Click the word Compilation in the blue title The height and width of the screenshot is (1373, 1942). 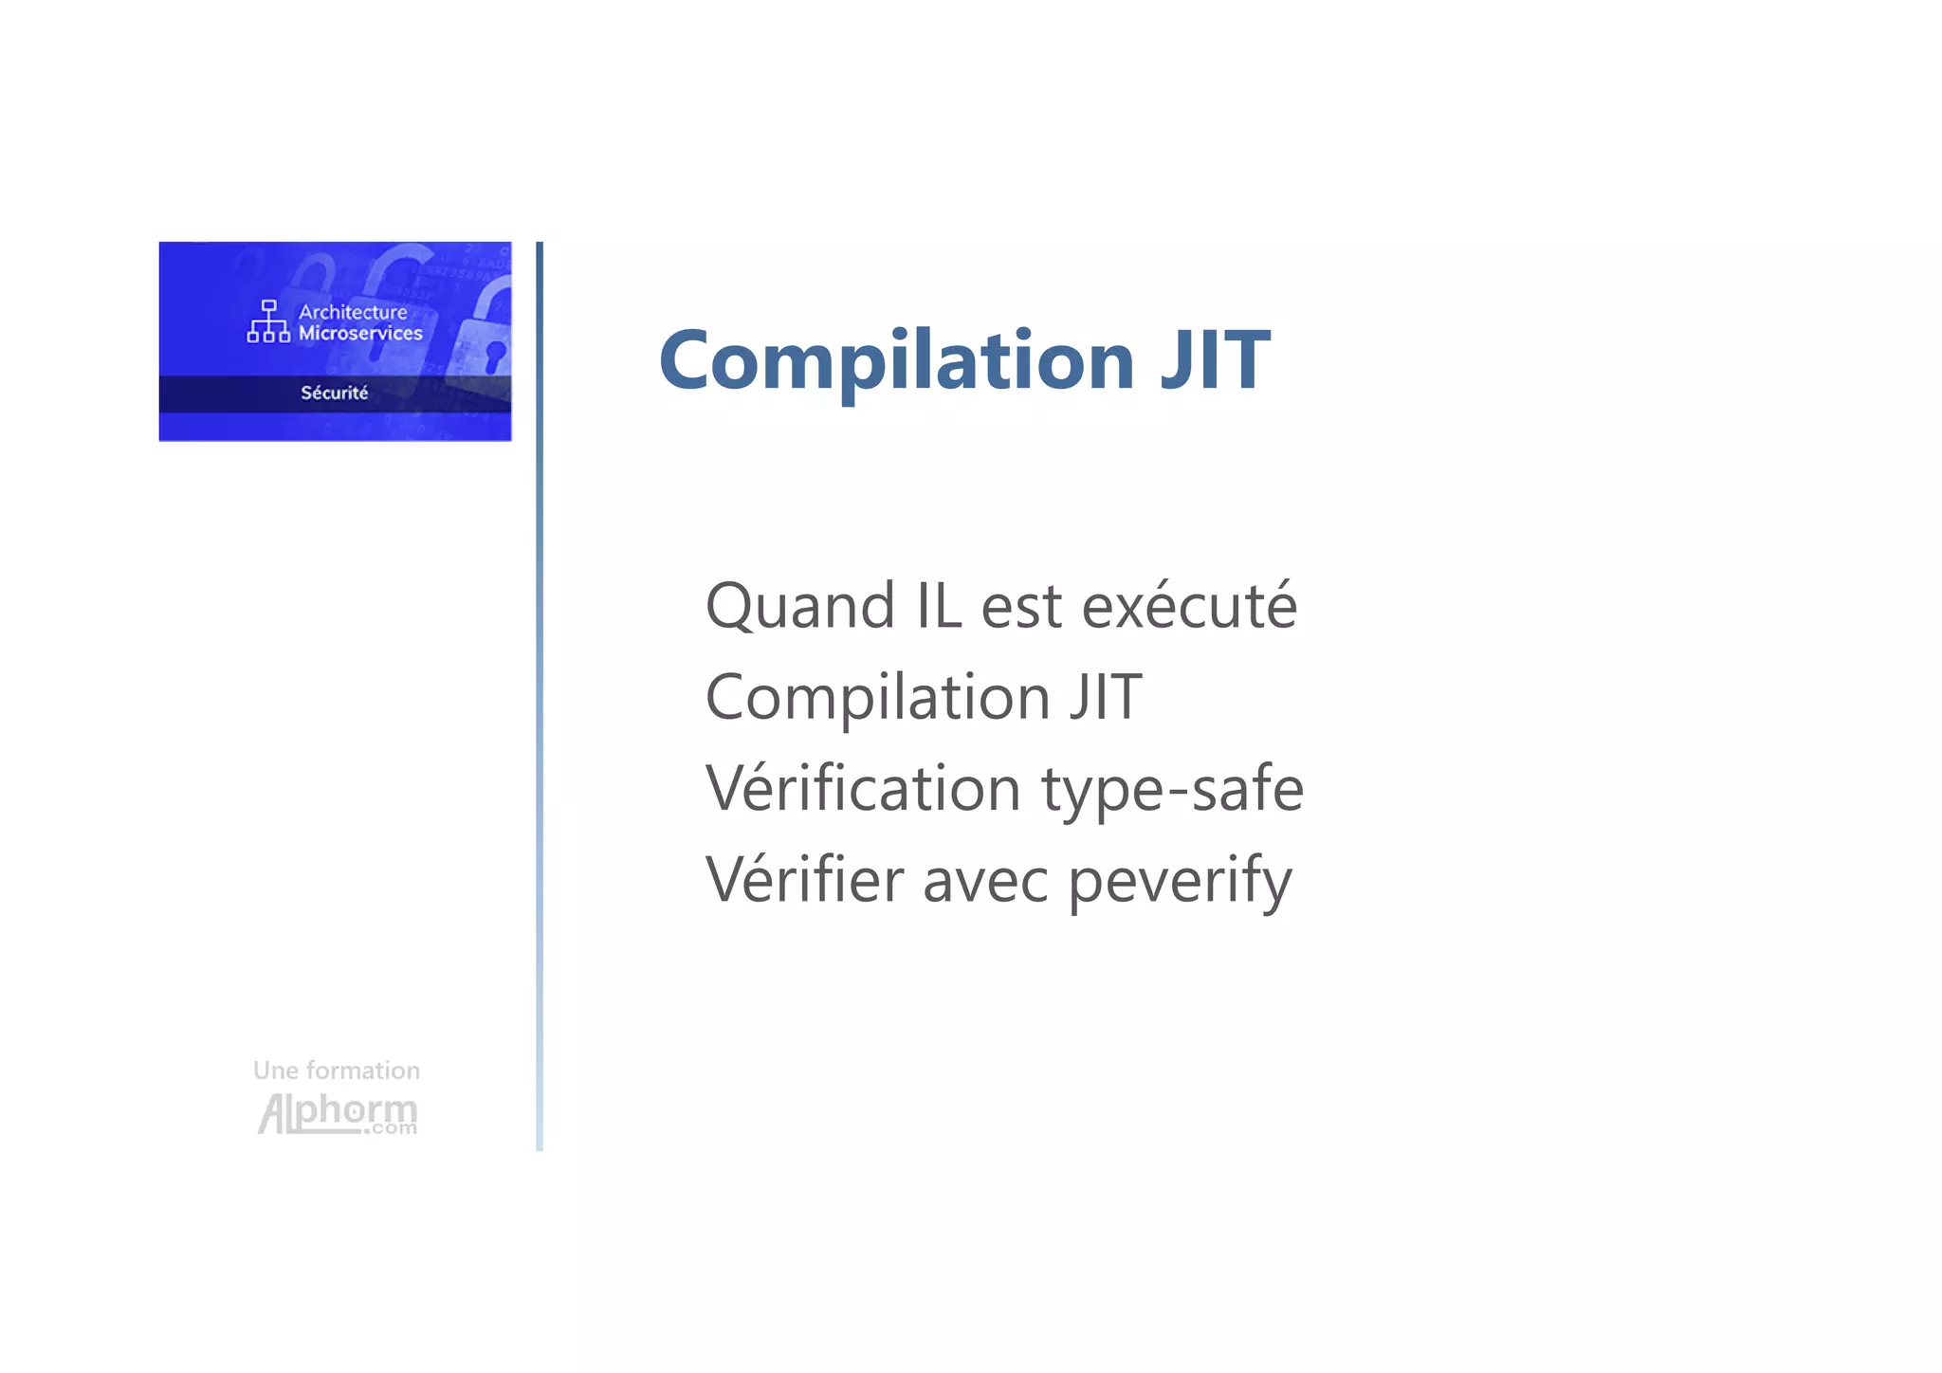896,361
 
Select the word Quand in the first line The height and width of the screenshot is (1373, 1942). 799,606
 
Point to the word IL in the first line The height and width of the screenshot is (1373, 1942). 939,606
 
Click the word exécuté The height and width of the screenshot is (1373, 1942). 1189,606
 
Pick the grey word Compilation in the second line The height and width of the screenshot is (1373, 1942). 878,698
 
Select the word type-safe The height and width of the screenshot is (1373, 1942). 1172,789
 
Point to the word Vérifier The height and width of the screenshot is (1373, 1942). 804,879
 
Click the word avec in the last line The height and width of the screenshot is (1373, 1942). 985,881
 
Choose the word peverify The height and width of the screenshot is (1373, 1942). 1180,881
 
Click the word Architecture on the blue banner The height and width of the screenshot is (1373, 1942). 353,312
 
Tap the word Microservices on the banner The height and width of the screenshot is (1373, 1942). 360,334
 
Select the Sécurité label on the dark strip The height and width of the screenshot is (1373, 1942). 334,393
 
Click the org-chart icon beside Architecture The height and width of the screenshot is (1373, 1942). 268,321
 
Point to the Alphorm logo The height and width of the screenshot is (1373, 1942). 337,1112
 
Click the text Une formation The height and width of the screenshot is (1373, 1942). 336,1071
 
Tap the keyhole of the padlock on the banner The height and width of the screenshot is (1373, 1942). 494,357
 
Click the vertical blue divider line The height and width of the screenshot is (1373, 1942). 540,696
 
